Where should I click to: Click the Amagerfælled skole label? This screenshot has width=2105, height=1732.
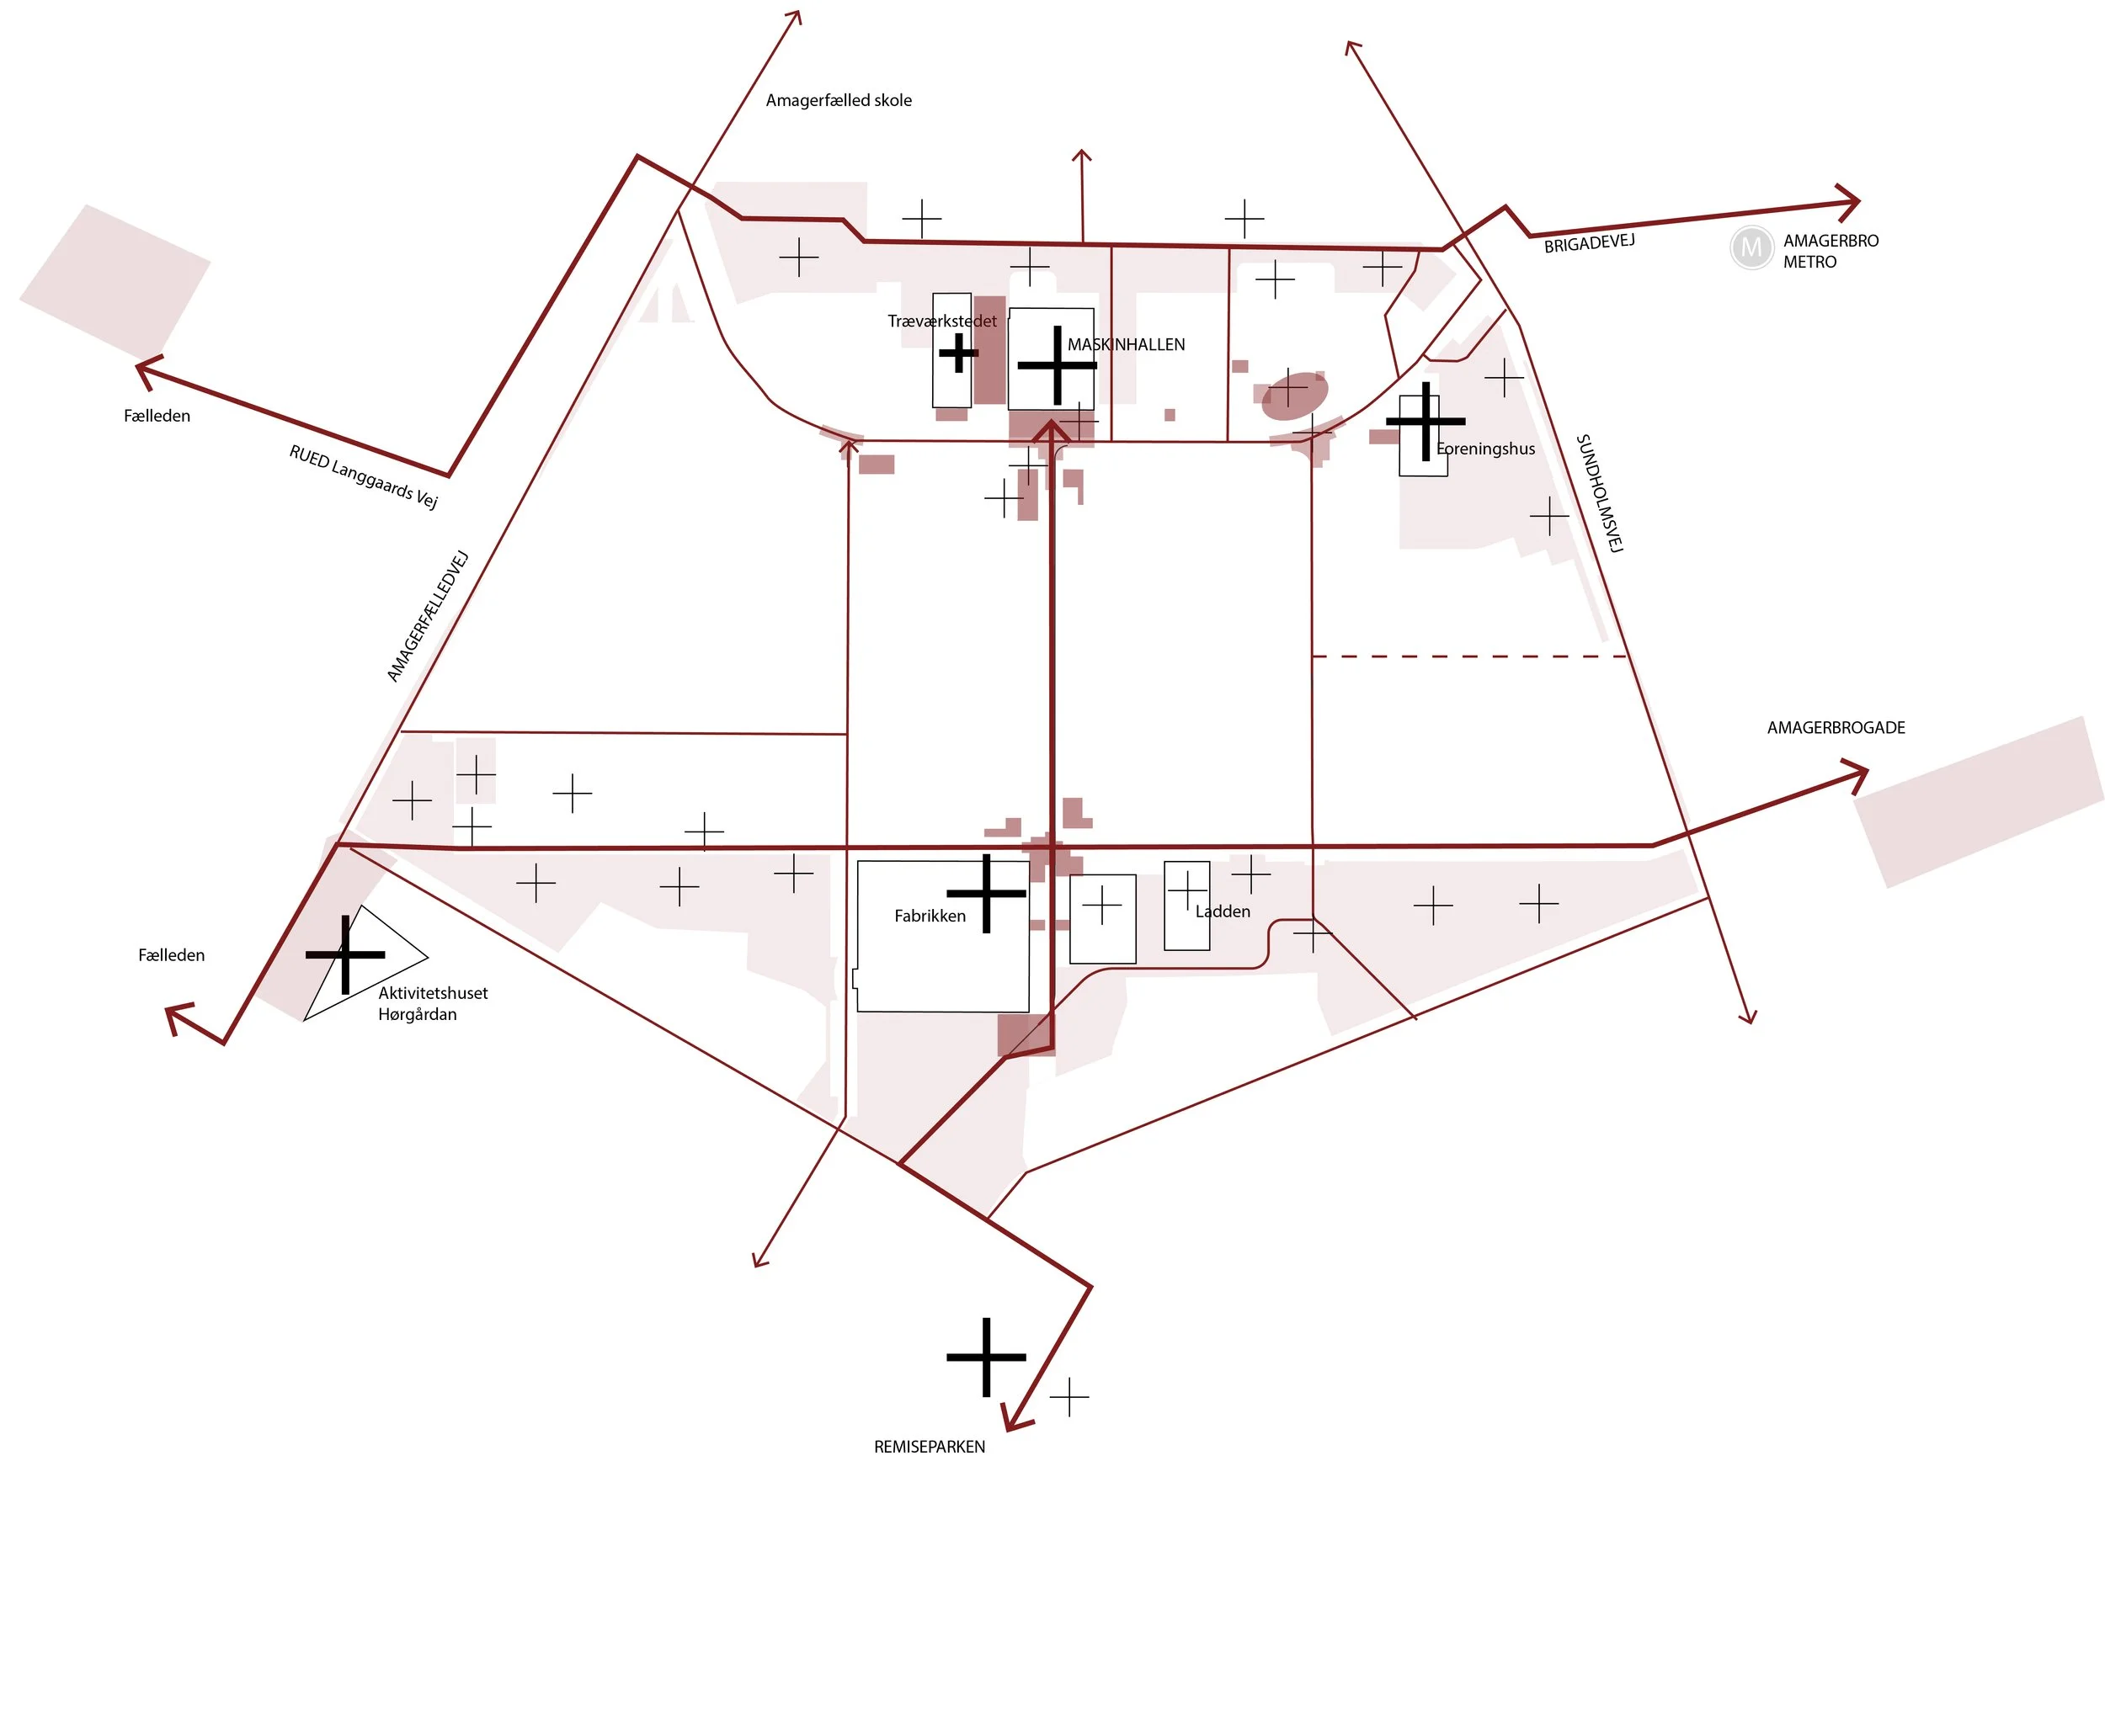coord(838,100)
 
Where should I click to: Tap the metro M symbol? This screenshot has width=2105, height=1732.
coord(1750,247)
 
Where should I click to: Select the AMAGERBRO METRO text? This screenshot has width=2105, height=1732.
coord(1830,252)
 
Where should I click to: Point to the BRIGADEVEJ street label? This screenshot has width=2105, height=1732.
coord(1588,243)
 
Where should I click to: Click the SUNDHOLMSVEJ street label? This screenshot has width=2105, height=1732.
coord(1599,493)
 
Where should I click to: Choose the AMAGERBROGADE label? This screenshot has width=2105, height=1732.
coord(1835,727)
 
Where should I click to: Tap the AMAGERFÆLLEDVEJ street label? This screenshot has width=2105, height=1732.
coord(427,615)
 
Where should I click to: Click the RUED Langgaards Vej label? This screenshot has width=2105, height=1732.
coord(363,476)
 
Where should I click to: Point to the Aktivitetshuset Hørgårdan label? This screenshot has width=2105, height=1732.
coord(431,1004)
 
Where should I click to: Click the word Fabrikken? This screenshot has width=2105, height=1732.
coord(930,916)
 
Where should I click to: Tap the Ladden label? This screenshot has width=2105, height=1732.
coord(1222,911)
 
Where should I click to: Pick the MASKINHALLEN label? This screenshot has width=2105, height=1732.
coord(1126,344)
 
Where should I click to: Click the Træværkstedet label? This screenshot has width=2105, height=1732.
coord(941,321)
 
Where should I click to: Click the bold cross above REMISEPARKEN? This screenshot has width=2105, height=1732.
coord(985,1357)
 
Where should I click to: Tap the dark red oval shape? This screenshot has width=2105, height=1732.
coord(1293,397)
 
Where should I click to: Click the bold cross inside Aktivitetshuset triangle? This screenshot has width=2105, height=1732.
coord(345,955)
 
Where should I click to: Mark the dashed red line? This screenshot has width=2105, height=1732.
coord(1468,656)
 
